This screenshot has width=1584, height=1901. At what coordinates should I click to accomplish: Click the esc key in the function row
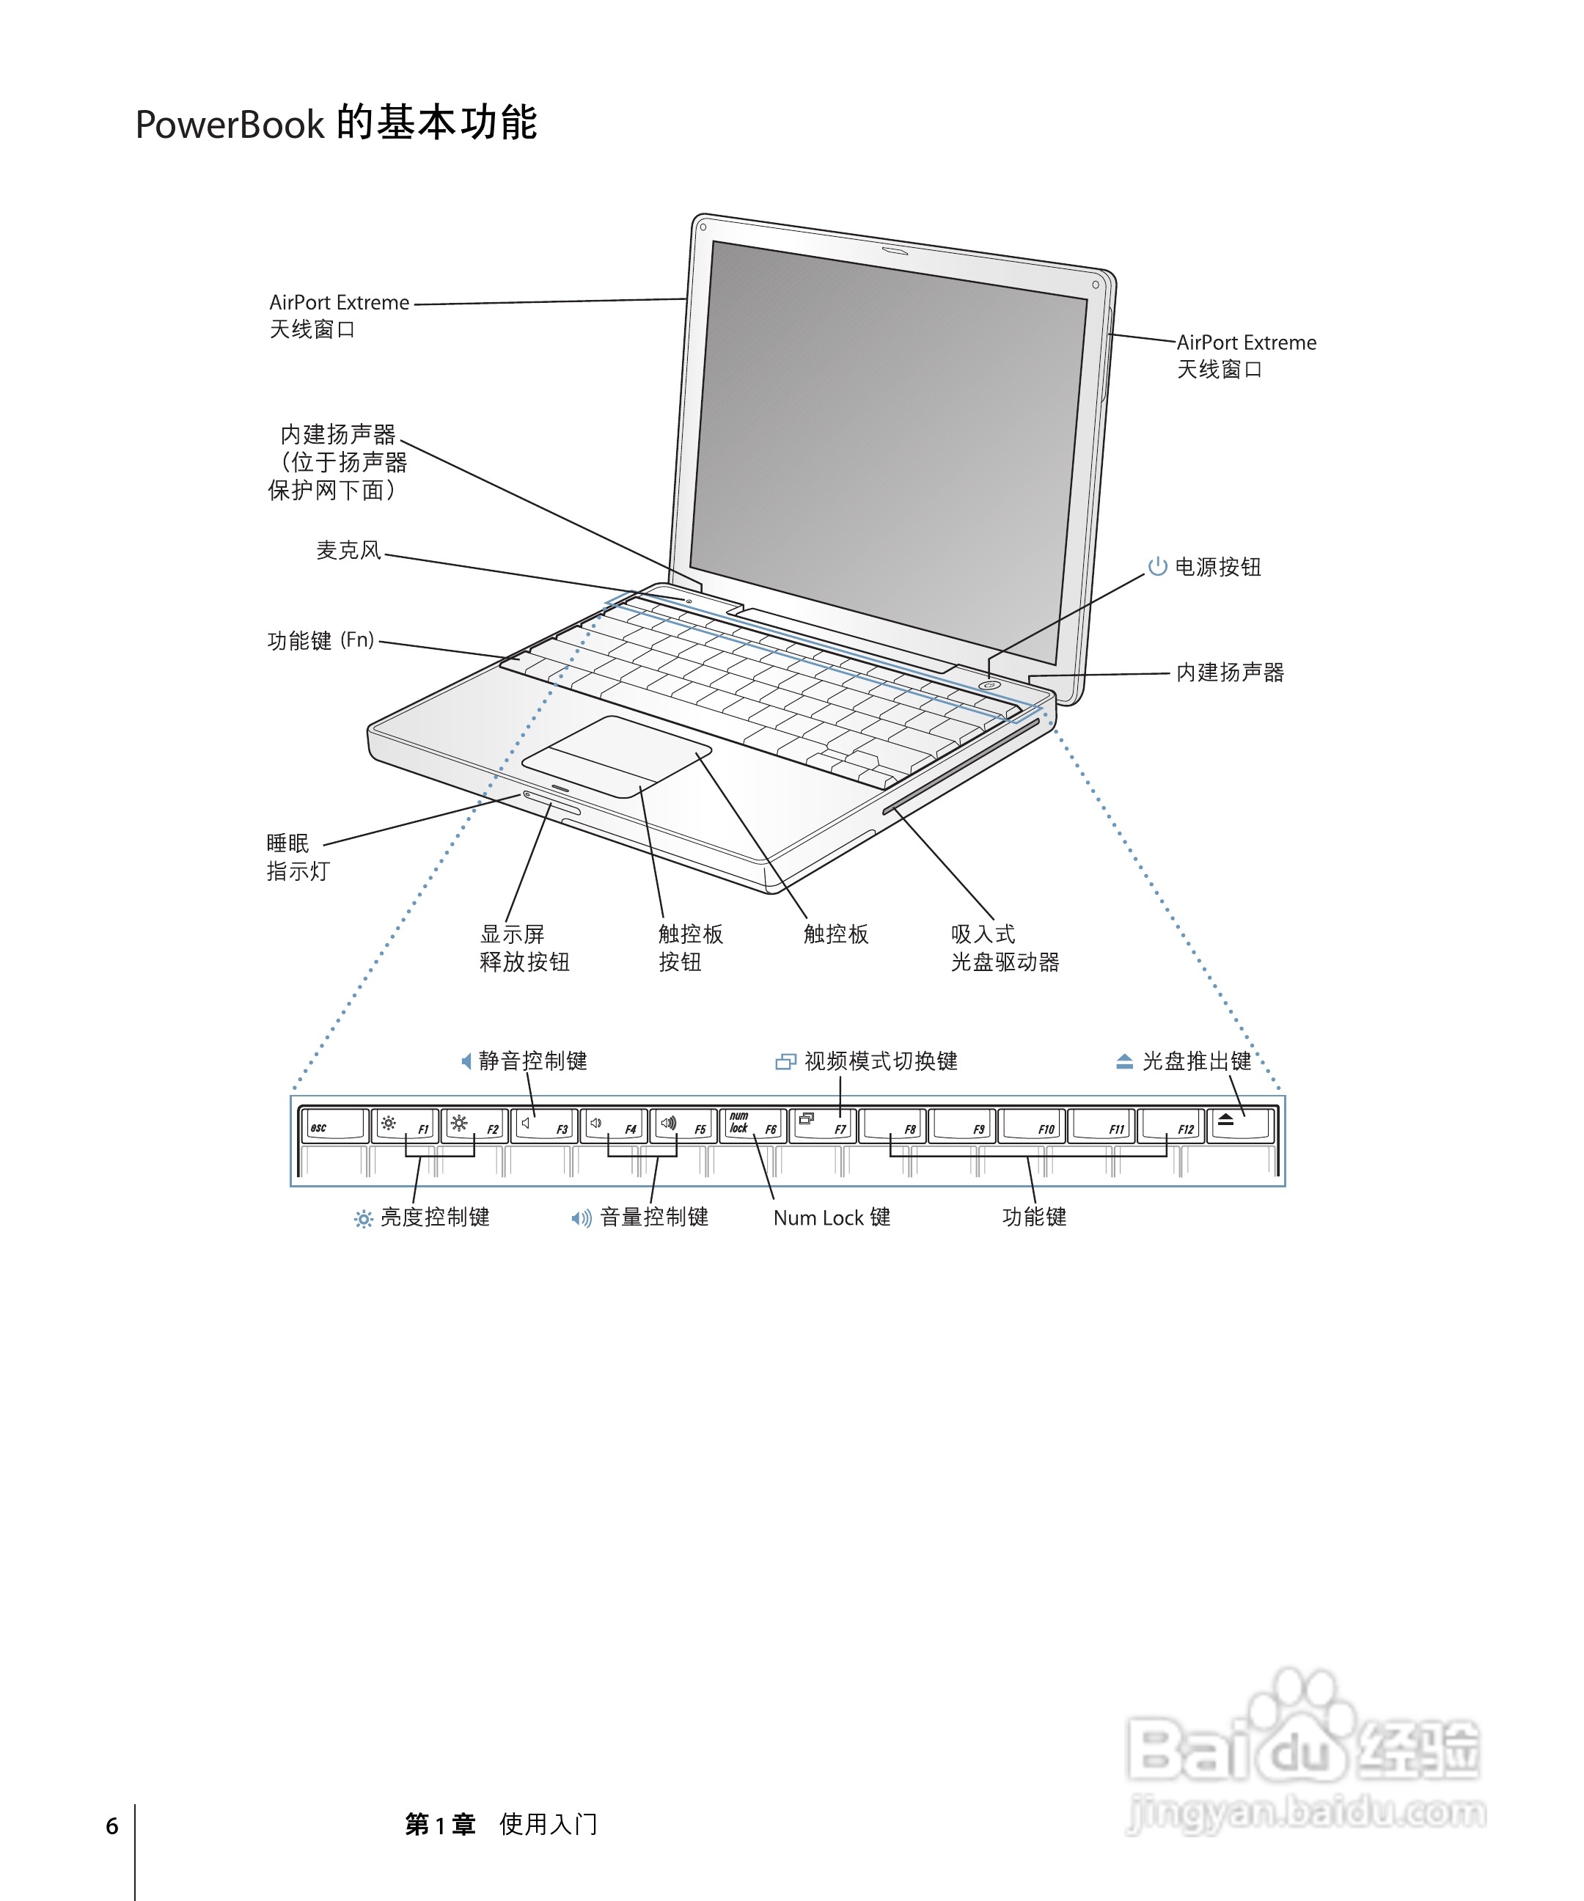click(x=333, y=1126)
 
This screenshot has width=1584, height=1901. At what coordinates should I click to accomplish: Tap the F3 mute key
click(x=543, y=1126)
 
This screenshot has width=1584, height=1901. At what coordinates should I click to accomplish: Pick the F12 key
click(x=1171, y=1126)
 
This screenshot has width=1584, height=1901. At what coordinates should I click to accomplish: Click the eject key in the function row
click(x=1241, y=1126)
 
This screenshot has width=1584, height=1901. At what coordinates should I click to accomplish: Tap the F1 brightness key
click(x=405, y=1126)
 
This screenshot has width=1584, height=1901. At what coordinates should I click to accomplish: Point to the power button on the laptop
click(x=989, y=685)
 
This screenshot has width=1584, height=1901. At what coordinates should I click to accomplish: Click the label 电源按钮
click(x=1217, y=568)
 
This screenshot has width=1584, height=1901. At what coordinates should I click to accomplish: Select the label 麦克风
click(x=348, y=550)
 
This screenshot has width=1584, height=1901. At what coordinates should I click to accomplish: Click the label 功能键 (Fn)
click(x=320, y=641)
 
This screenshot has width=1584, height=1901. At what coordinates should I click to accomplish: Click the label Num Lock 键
click(x=831, y=1217)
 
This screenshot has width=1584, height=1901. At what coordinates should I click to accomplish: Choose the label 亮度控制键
click(x=434, y=1217)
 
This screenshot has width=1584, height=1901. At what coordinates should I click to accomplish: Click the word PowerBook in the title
click(x=229, y=125)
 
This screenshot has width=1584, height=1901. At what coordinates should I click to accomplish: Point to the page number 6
click(x=111, y=1826)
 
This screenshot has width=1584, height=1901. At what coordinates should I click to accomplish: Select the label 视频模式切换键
click(x=880, y=1061)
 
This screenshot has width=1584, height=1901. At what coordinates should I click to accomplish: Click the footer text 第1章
click(x=440, y=1825)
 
